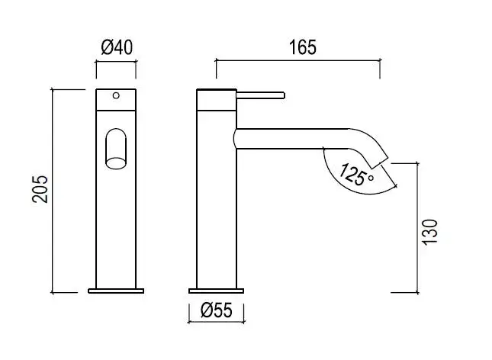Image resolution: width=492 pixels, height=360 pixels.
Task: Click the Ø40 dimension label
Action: click(x=117, y=47)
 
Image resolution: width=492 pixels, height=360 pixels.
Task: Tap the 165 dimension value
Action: click(x=303, y=47)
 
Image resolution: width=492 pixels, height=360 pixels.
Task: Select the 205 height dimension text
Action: click(x=40, y=189)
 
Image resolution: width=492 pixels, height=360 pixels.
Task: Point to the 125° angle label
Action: click(x=356, y=175)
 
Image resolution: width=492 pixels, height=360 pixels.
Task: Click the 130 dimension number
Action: click(x=429, y=233)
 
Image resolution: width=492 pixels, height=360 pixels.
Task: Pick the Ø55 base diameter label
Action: click(x=217, y=310)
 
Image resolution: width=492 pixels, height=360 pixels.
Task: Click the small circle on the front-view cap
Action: click(x=116, y=95)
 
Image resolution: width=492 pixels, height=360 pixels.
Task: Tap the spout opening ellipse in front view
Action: click(x=116, y=163)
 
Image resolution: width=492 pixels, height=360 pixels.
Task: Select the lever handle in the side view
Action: click(x=260, y=95)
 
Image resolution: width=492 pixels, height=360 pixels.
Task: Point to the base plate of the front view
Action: click(x=116, y=291)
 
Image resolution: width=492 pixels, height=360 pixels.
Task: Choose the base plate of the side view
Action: click(x=216, y=291)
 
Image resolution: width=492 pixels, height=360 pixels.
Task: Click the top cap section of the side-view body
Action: click(x=217, y=100)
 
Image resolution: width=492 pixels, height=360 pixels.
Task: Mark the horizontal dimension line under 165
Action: click(x=298, y=60)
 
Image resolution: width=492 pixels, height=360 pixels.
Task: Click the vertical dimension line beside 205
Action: click(x=53, y=191)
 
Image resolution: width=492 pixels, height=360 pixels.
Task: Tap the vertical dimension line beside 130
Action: click(x=418, y=228)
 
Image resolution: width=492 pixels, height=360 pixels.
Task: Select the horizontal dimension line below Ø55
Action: click(x=216, y=322)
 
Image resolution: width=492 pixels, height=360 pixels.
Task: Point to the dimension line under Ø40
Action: click(x=116, y=62)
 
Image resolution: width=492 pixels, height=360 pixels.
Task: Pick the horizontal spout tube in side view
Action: click(x=292, y=139)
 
